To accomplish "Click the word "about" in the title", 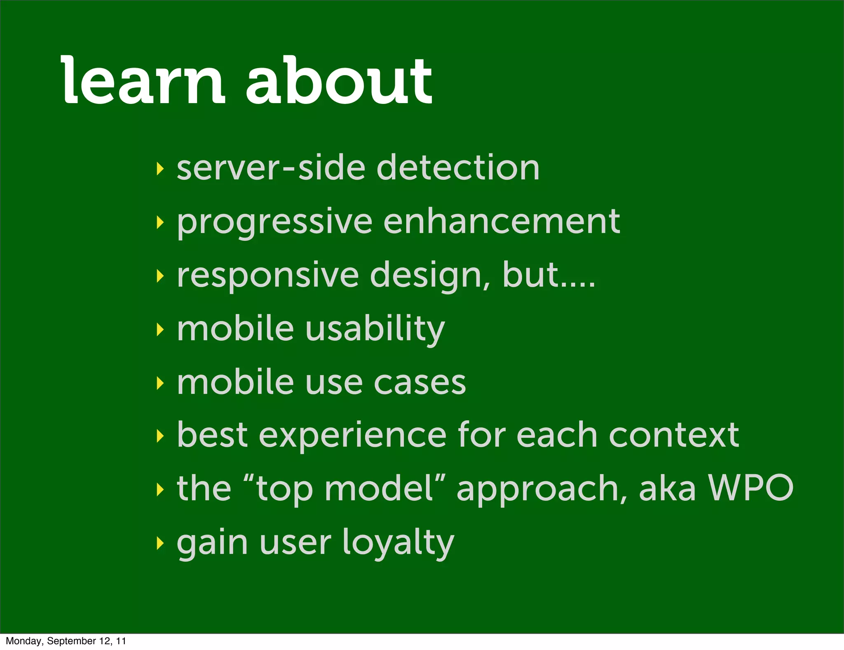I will (x=339, y=80).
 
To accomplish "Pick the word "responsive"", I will (x=268, y=276).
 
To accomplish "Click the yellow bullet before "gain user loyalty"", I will (x=160, y=544).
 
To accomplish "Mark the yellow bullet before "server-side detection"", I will (x=160, y=169).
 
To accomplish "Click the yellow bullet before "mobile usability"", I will (x=160, y=330).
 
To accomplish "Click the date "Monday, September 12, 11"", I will (x=66, y=641).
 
